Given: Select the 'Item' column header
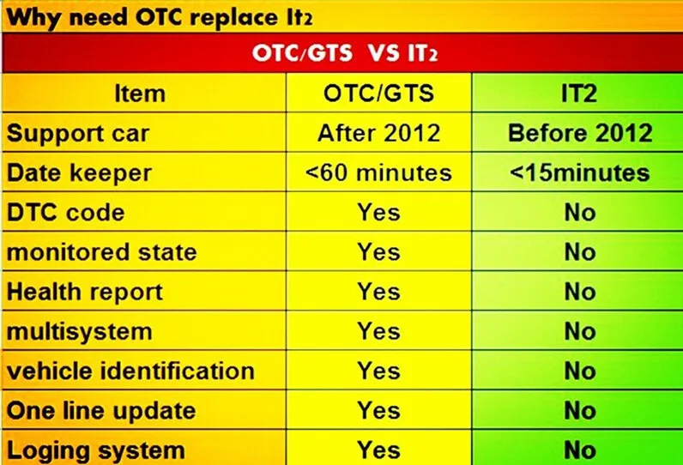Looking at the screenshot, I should pos(140,94).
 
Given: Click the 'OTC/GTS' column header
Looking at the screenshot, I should pos(378,94).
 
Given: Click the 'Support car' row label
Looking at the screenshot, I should pos(78,134).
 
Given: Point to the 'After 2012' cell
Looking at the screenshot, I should pos(378,134).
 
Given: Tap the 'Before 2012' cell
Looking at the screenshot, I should pos(580,134).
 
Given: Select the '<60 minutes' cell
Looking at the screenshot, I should pos(378,172).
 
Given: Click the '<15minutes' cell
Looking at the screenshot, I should pos(580,172).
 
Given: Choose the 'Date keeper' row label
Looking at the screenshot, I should pos(79,172).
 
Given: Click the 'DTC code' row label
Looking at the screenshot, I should pos(66,212).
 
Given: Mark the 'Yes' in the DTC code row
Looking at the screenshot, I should pos(378,212).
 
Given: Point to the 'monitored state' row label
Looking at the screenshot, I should pos(102,252).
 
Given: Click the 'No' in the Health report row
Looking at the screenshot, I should pos(580,292).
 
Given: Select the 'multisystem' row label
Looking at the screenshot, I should pos(80,331).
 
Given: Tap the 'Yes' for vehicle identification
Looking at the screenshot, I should pos(378,371).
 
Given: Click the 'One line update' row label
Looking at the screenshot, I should pos(101,410).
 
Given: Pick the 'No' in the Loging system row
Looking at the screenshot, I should pos(580,449).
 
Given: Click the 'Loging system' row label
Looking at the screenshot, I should pos(95,450).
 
